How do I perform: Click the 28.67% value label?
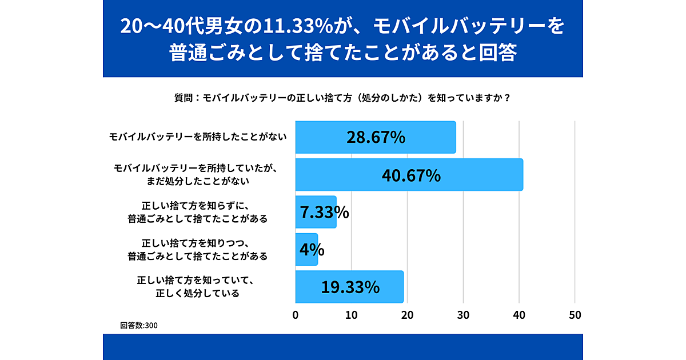coord(376,138)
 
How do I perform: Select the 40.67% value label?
coord(411,175)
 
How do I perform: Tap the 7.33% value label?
coord(324,213)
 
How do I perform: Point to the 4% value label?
coord(312,250)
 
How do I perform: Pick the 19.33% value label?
coord(350,287)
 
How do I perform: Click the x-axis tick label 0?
coord(296,315)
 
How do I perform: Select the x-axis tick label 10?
coord(351,315)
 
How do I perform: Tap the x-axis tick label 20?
coord(407,315)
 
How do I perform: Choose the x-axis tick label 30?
coord(463,315)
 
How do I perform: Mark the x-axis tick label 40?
coord(519,315)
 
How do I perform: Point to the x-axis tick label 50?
coord(575,315)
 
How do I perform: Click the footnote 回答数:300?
coord(139,326)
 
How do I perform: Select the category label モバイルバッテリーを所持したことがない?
coord(198,137)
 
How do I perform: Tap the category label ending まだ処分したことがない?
coord(197,174)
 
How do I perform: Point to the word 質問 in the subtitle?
coord(184,98)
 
